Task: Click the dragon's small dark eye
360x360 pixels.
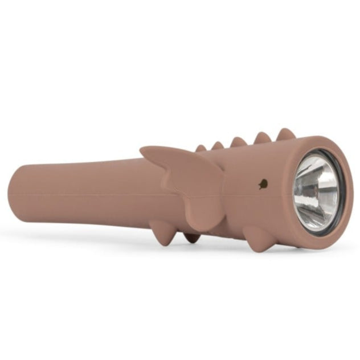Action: (263, 183)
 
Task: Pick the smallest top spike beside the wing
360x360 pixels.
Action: (201, 149)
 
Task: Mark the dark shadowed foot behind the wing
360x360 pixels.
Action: (192, 236)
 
